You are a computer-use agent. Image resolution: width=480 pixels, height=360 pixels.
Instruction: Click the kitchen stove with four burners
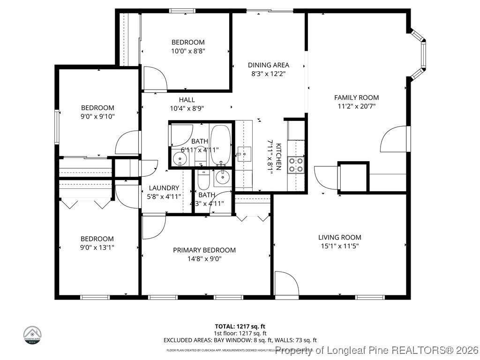click(296, 165)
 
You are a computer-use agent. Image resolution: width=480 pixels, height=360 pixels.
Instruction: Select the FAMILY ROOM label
click(356, 97)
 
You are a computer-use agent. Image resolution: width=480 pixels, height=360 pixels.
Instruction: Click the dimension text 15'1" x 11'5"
click(340, 246)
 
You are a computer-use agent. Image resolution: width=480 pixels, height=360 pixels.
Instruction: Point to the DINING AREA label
click(268, 65)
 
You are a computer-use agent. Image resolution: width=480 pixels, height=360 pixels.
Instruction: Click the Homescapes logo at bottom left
click(32, 335)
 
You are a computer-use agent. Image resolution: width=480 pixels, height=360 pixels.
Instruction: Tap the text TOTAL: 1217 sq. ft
click(240, 326)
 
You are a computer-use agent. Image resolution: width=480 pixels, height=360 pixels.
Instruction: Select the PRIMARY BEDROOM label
click(204, 250)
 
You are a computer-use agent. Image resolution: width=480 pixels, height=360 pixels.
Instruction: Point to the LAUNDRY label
click(164, 187)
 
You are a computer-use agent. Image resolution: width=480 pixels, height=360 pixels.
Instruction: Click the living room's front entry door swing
click(285, 284)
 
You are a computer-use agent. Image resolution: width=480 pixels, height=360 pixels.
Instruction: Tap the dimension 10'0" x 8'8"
click(188, 51)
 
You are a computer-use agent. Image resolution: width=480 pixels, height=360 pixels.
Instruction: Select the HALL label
click(187, 99)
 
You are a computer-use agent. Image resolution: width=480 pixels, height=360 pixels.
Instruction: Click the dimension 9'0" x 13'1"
click(97, 247)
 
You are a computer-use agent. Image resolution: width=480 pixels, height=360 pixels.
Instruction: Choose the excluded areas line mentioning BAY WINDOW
click(240, 340)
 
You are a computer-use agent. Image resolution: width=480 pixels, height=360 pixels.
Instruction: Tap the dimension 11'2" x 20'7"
click(356, 106)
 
